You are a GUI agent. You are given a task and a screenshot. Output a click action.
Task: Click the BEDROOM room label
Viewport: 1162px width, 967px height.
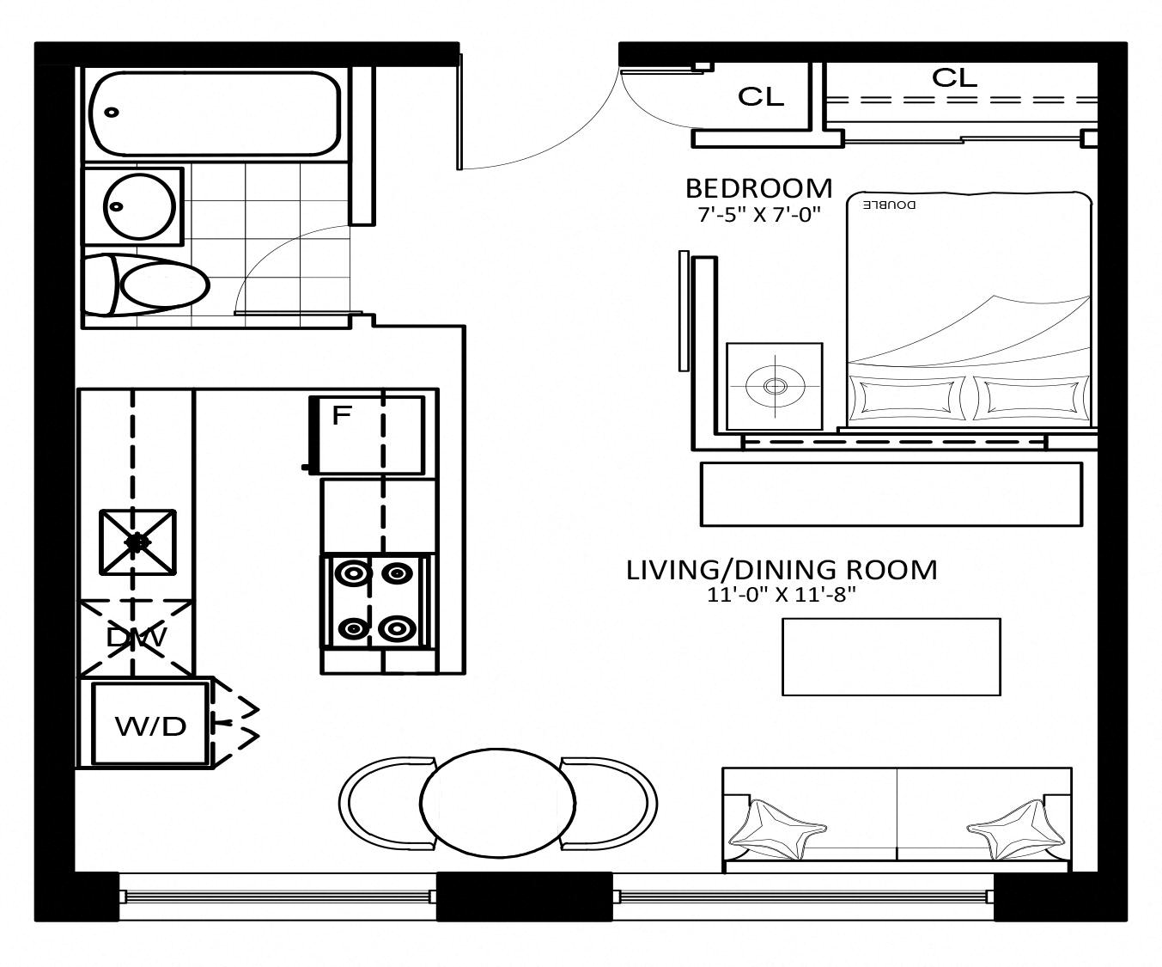coord(758,188)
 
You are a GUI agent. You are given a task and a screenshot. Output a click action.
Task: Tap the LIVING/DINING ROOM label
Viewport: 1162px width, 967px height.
coord(782,571)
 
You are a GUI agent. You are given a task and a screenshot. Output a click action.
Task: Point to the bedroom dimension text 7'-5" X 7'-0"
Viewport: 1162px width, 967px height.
coord(759,214)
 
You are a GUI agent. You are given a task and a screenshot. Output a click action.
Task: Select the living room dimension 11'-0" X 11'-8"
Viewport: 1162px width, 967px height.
coord(781,595)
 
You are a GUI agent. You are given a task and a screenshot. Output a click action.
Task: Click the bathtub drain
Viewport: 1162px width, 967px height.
coord(112,113)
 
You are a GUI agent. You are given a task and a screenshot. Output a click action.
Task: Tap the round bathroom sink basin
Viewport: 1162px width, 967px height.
coord(140,206)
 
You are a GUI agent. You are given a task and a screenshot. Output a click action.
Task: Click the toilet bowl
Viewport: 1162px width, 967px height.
coord(165,286)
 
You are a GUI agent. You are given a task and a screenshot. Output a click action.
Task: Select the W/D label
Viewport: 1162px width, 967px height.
coord(151,726)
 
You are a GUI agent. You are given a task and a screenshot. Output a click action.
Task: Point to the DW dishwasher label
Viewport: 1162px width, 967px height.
coord(137,637)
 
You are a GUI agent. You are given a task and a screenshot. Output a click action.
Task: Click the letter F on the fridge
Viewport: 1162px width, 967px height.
coord(342,415)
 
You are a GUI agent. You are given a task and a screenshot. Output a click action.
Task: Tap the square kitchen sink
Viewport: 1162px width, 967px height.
coord(137,542)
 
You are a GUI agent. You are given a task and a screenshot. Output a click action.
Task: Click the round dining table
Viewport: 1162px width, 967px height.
coord(498,803)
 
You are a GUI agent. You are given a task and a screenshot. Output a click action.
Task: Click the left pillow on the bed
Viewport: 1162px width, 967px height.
coord(907,398)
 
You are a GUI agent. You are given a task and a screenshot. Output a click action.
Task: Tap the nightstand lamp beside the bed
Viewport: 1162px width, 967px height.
coord(775,385)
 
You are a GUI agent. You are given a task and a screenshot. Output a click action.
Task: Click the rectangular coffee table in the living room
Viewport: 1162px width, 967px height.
coord(891,657)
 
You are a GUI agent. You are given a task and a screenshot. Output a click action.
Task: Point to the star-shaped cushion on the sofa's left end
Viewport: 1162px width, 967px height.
coord(777,830)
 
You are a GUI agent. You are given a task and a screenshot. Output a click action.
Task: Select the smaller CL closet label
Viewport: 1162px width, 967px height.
coord(761,97)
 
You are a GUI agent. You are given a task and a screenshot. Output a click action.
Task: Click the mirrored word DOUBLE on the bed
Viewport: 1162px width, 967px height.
coord(889,205)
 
